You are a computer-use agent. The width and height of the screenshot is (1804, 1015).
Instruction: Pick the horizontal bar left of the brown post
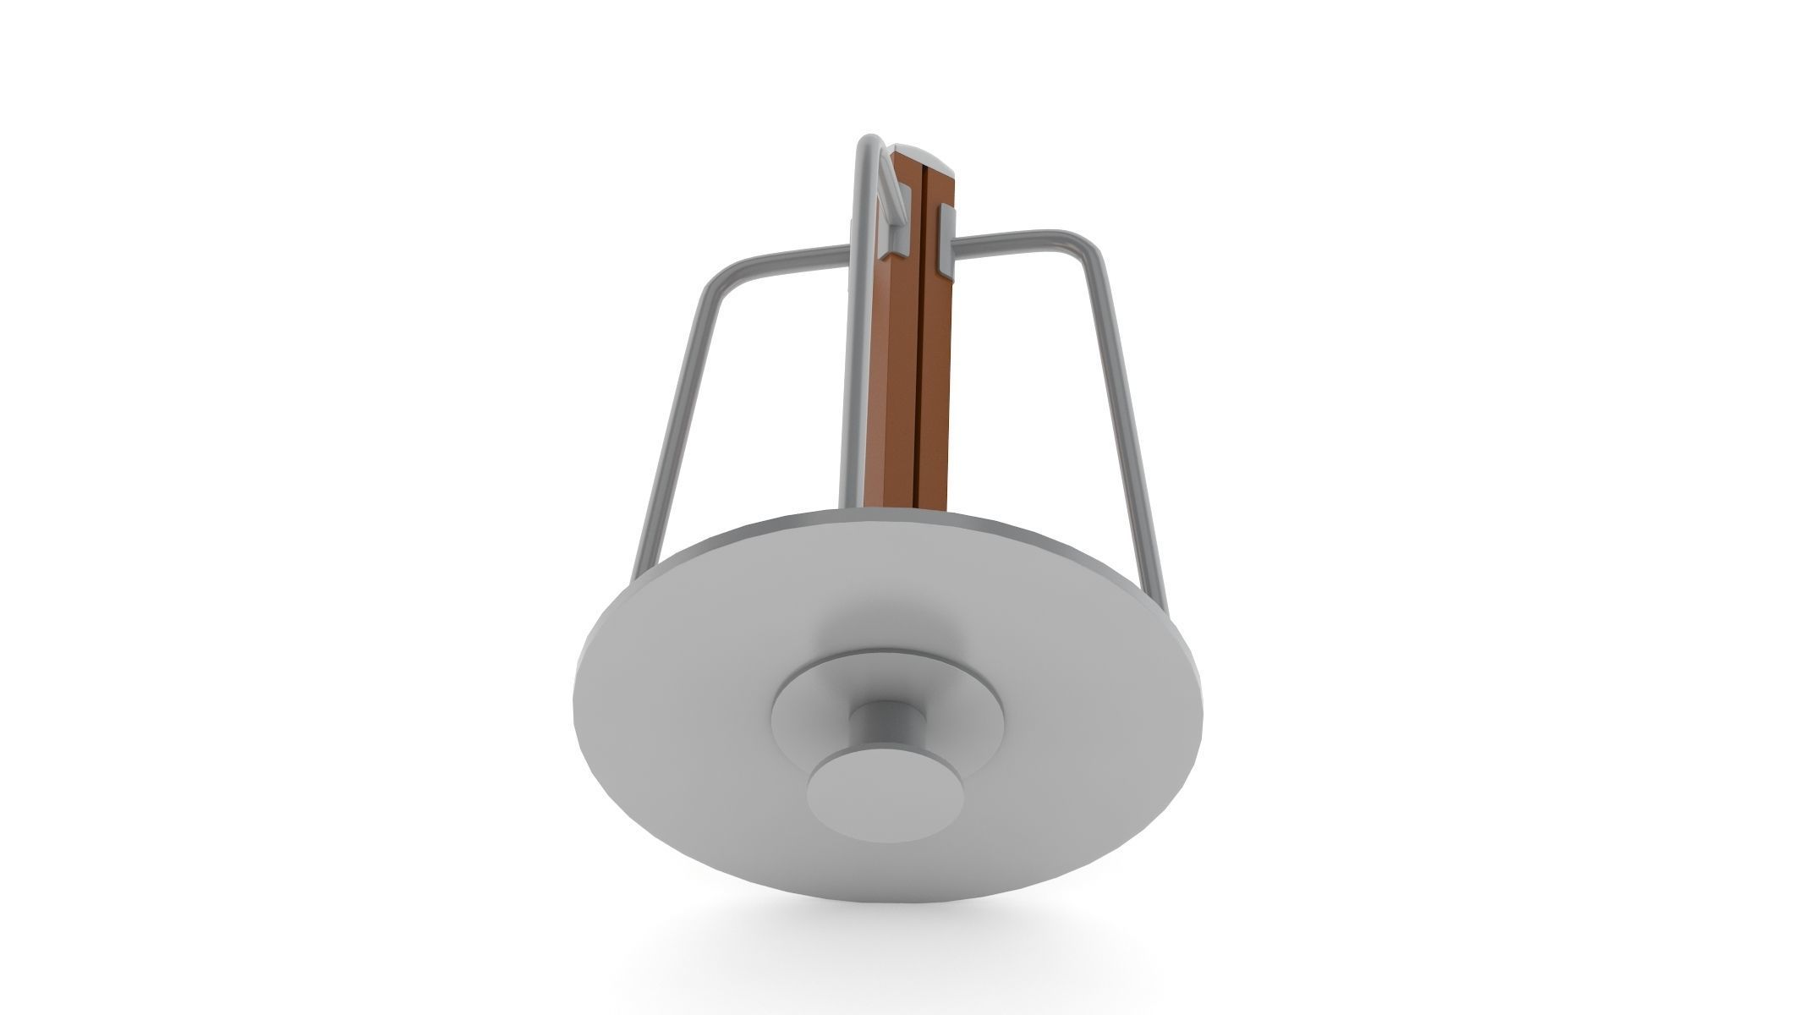[795, 258]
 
